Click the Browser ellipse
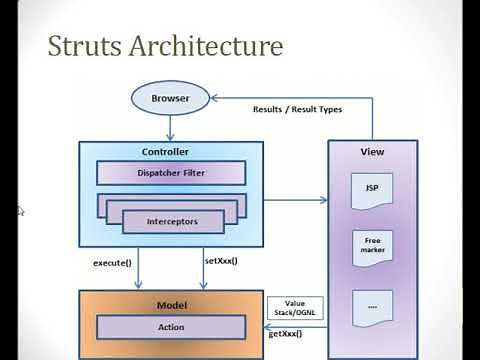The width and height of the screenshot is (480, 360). [x=170, y=99]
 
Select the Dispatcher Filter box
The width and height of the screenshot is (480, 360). [x=170, y=171]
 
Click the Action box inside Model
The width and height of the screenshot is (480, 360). [x=170, y=327]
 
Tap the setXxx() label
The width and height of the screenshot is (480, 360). [x=221, y=261]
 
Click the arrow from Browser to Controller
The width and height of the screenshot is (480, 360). [x=171, y=127]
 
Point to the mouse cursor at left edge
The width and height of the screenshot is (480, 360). [x=20, y=211]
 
